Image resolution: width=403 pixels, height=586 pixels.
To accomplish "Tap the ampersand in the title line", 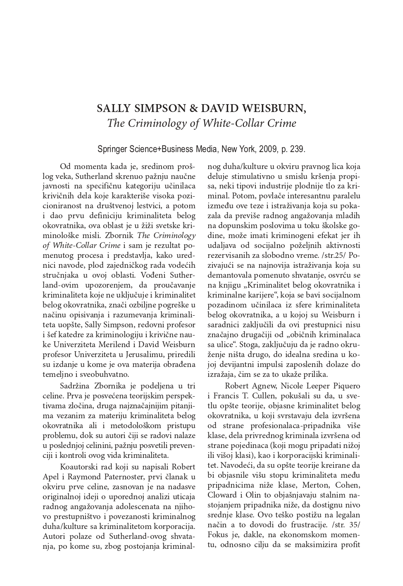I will click(193, 109).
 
